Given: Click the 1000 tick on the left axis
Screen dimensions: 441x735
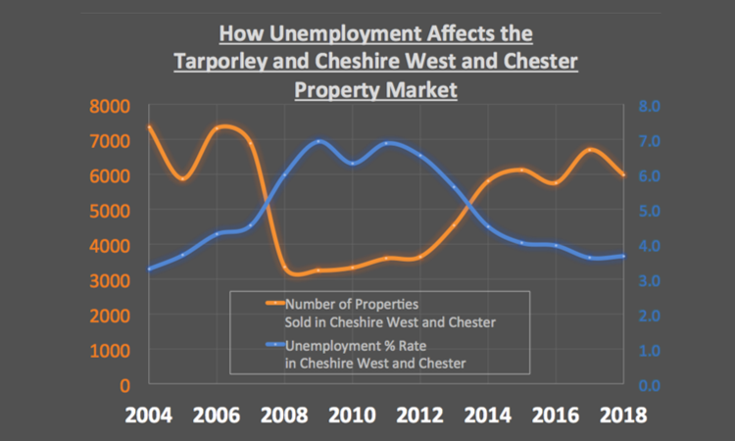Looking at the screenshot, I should (112, 351).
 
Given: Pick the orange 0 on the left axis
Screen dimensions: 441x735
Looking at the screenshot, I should (125, 385).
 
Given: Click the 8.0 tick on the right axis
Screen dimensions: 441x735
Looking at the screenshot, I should (653, 106).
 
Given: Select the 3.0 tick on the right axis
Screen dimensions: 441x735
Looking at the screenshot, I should (653, 281).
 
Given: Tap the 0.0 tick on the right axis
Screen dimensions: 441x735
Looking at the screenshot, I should (653, 385).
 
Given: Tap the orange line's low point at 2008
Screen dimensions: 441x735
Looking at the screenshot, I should (290, 271).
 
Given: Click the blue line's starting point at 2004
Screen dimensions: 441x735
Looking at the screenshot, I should (149, 269).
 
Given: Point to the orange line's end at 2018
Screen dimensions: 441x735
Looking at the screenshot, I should (623, 175).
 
